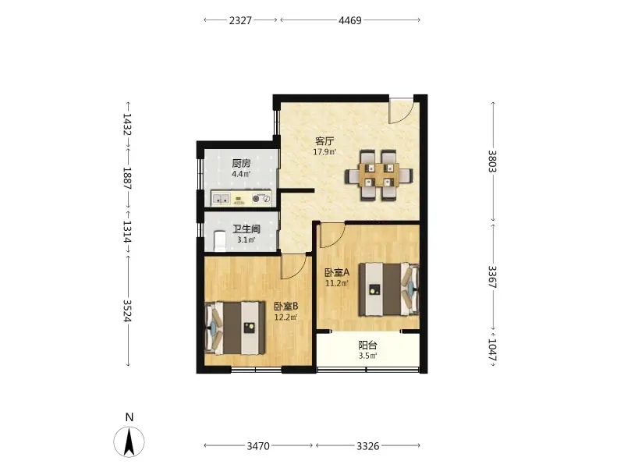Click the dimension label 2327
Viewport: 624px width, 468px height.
(240, 20)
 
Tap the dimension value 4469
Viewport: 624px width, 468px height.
(350, 20)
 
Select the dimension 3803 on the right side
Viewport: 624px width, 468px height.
(492, 161)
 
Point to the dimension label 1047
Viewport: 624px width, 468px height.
(492, 350)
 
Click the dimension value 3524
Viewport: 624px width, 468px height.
(127, 310)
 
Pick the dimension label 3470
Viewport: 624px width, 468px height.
(258, 446)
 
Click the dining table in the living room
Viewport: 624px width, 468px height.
(379, 175)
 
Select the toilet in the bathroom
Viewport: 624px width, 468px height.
(220, 241)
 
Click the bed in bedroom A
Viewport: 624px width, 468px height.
(389, 289)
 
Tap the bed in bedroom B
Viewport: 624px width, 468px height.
(235, 328)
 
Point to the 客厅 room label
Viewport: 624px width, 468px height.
(324, 141)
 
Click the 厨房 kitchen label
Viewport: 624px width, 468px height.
(242, 164)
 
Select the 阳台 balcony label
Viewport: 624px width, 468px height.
(367, 346)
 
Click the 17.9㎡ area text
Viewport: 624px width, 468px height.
(324, 151)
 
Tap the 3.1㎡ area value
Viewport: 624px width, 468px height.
(246, 240)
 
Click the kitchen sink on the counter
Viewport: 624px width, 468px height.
(221, 198)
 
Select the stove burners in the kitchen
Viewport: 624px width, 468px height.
(261, 198)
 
